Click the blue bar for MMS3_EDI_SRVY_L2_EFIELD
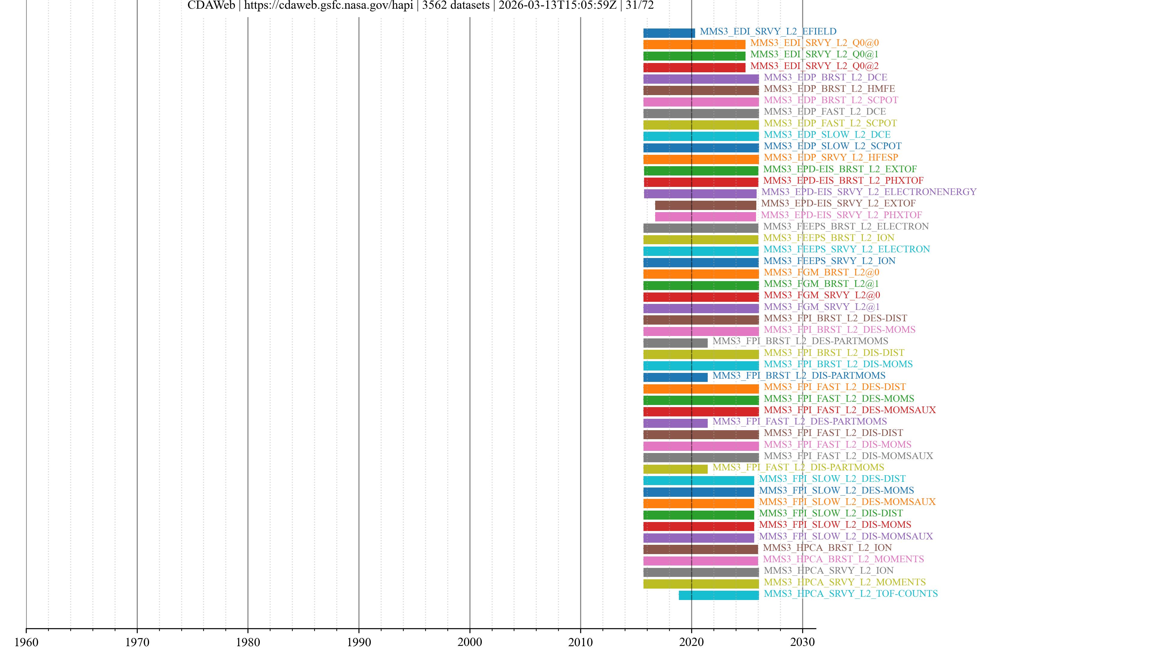coord(669,33)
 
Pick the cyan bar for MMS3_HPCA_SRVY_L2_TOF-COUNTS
coord(719,595)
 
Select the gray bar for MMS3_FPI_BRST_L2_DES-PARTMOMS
coord(675,343)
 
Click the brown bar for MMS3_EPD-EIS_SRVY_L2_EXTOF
coord(705,205)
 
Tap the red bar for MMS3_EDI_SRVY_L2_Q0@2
coord(694,67)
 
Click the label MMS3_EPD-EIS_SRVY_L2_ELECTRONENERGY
coord(868,192)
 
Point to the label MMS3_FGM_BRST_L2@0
coord(821,272)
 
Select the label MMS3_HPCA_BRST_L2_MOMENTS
coord(843,559)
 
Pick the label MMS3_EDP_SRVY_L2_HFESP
coord(830,157)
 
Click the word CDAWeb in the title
coord(211,5)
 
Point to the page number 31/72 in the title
coord(640,5)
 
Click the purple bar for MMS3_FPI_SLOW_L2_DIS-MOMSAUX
coord(698,538)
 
